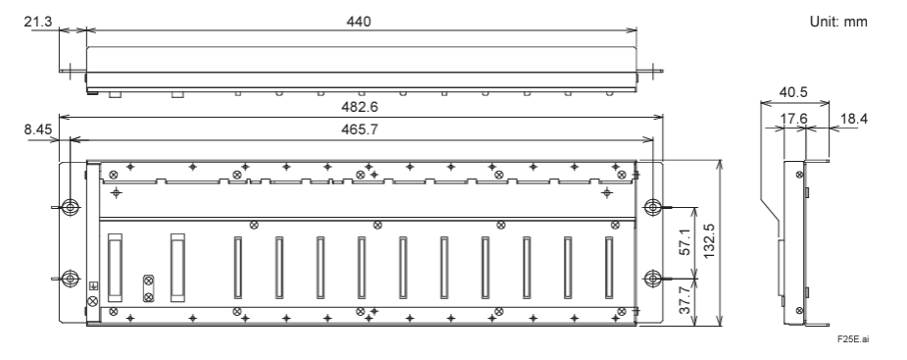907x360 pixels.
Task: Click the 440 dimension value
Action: [359, 22]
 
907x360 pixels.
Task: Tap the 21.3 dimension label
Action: [38, 22]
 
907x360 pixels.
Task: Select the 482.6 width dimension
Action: [359, 108]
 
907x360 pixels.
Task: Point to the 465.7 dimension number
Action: [359, 130]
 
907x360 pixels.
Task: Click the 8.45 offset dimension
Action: [38, 129]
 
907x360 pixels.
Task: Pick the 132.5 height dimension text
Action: [710, 242]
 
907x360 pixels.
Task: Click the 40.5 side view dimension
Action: [793, 92]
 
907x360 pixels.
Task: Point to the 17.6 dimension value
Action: [793, 119]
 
